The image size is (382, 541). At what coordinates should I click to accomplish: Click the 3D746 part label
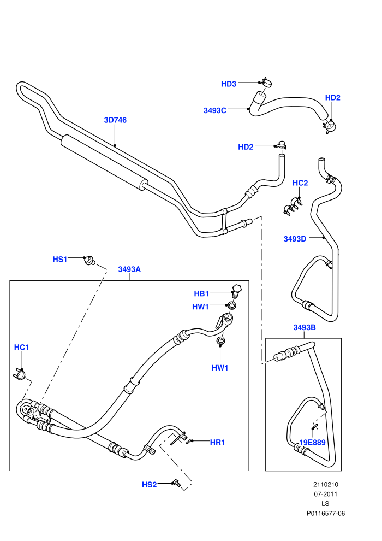point(115,120)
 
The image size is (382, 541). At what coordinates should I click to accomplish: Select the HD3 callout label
point(228,84)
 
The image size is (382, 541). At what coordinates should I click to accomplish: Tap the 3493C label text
point(214,110)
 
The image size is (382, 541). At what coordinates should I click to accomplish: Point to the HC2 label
point(300,183)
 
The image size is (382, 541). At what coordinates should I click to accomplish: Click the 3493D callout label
point(295,239)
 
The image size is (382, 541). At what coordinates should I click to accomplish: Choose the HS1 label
point(59,259)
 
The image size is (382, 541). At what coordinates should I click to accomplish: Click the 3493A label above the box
point(129,269)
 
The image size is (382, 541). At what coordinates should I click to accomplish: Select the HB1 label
point(201,293)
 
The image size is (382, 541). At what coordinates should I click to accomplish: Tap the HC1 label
point(21,348)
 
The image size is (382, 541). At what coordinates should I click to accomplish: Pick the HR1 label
point(217,442)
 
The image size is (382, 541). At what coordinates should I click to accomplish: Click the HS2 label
point(149,485)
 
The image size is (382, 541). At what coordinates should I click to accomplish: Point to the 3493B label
point(305,327)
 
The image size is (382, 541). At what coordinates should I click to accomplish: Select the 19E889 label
point(312,442)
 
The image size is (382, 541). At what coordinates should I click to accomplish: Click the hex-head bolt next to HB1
point(237,291)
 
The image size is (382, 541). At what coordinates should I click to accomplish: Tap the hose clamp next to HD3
point(266,82)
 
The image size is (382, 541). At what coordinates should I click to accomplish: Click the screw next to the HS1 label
point(90,261)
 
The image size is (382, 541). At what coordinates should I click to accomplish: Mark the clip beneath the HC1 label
point(19,374)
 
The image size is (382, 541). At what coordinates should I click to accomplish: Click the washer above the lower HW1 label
point(220,341)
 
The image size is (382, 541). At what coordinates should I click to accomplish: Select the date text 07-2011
point(325,494)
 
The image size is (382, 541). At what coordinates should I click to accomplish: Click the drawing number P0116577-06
point(325,513)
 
